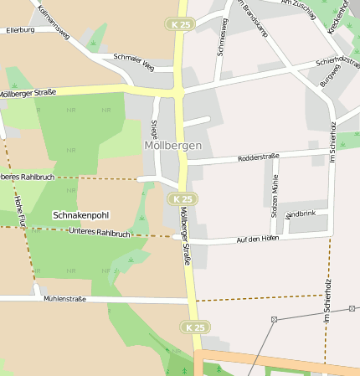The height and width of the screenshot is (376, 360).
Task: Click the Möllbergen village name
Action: point(173,145)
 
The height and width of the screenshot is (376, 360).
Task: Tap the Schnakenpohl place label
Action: point(81,215)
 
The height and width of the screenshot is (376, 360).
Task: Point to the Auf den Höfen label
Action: point(256,240)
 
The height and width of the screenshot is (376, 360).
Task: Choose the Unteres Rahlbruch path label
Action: point(100,232)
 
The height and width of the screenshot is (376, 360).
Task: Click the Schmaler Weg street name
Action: point(133,62)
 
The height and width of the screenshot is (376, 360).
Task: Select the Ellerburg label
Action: point(20,30)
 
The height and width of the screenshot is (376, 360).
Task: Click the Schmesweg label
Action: point(222,37)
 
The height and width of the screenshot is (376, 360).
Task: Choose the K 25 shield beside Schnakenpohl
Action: point(183,199)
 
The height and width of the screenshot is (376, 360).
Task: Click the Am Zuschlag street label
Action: point(298,3)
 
